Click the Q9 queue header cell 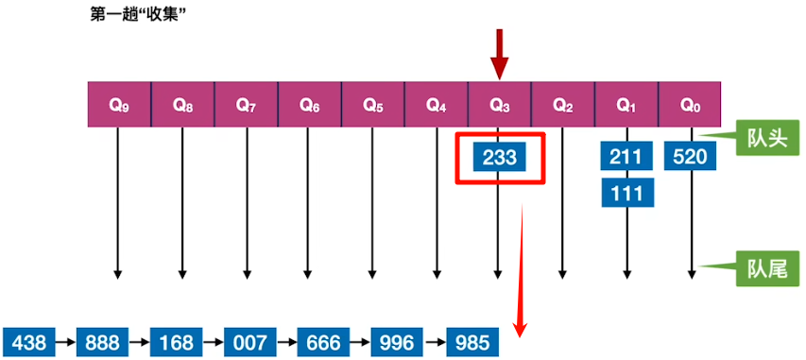click(118, 105)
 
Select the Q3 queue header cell click(500, 105)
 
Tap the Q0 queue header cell click(691, 105)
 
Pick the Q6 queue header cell click(309, 105)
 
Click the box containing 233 click(500, 158)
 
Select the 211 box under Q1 click(627, 156)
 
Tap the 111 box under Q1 click(627, 193)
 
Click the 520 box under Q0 click(691, 156)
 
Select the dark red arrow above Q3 click(500, 55)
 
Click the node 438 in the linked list click(28, 341)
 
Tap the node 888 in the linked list click(102, 341)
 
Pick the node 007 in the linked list click(249, 341)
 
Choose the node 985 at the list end click(471, 341)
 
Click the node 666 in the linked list click(323, 341)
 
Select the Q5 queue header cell click(372, 105)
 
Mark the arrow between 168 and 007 click(213, 341)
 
